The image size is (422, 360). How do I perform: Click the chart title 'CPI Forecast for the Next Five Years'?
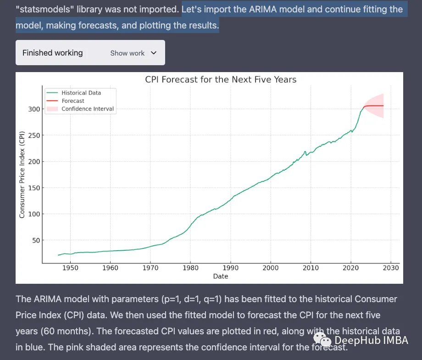(221, 80)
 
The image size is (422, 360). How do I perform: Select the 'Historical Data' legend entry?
(81, 93)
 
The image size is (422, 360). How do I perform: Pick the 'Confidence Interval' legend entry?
(87, 109)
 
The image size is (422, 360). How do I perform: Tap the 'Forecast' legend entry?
(73, 101)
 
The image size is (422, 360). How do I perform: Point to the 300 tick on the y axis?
(33, 109)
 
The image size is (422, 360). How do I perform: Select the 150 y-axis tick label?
(33, 188)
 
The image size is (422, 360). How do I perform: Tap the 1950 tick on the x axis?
(70, 268)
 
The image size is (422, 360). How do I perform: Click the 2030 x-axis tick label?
(391, 268)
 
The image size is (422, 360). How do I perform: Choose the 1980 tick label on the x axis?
(190, 268)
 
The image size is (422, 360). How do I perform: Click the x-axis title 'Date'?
(221, 276)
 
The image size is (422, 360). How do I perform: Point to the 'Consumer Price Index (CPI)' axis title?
(22, 174)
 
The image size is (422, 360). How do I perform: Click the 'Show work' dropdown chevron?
(154, 53)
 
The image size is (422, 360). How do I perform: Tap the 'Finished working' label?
(52, 53)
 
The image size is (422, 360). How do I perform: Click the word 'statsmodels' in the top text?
(40, 10)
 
